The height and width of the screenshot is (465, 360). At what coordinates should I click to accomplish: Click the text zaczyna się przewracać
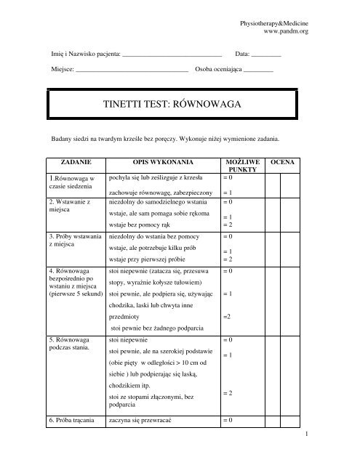[148, 421]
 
